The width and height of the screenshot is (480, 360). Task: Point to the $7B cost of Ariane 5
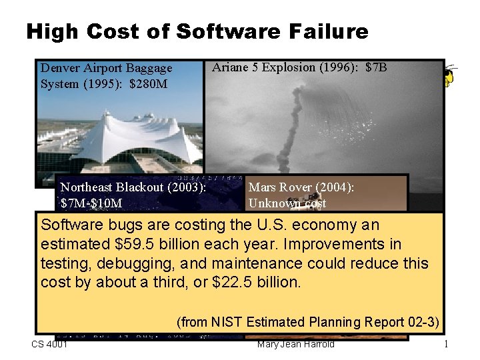(x=377, y=67)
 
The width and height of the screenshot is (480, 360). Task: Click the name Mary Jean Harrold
(x=295, y=344)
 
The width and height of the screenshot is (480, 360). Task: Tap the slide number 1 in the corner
(x=446, y=345)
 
